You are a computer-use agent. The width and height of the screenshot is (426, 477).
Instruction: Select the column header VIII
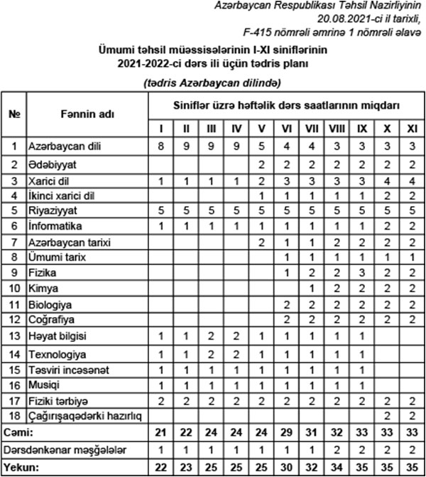click(x=337, y=129)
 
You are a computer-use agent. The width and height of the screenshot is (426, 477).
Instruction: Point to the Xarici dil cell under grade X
click(x=388, y=180)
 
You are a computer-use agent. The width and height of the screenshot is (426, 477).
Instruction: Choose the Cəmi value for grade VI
click(x=287, y=432)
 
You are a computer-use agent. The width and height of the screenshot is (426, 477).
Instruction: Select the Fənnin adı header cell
click(x=86, y=114)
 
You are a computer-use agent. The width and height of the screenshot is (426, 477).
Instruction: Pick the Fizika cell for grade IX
click(x=362, y=273)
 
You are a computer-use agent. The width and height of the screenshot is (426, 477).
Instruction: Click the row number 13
click(x=13, y=336)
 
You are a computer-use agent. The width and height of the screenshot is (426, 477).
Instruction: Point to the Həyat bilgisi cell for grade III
click(x=211, y=336)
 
